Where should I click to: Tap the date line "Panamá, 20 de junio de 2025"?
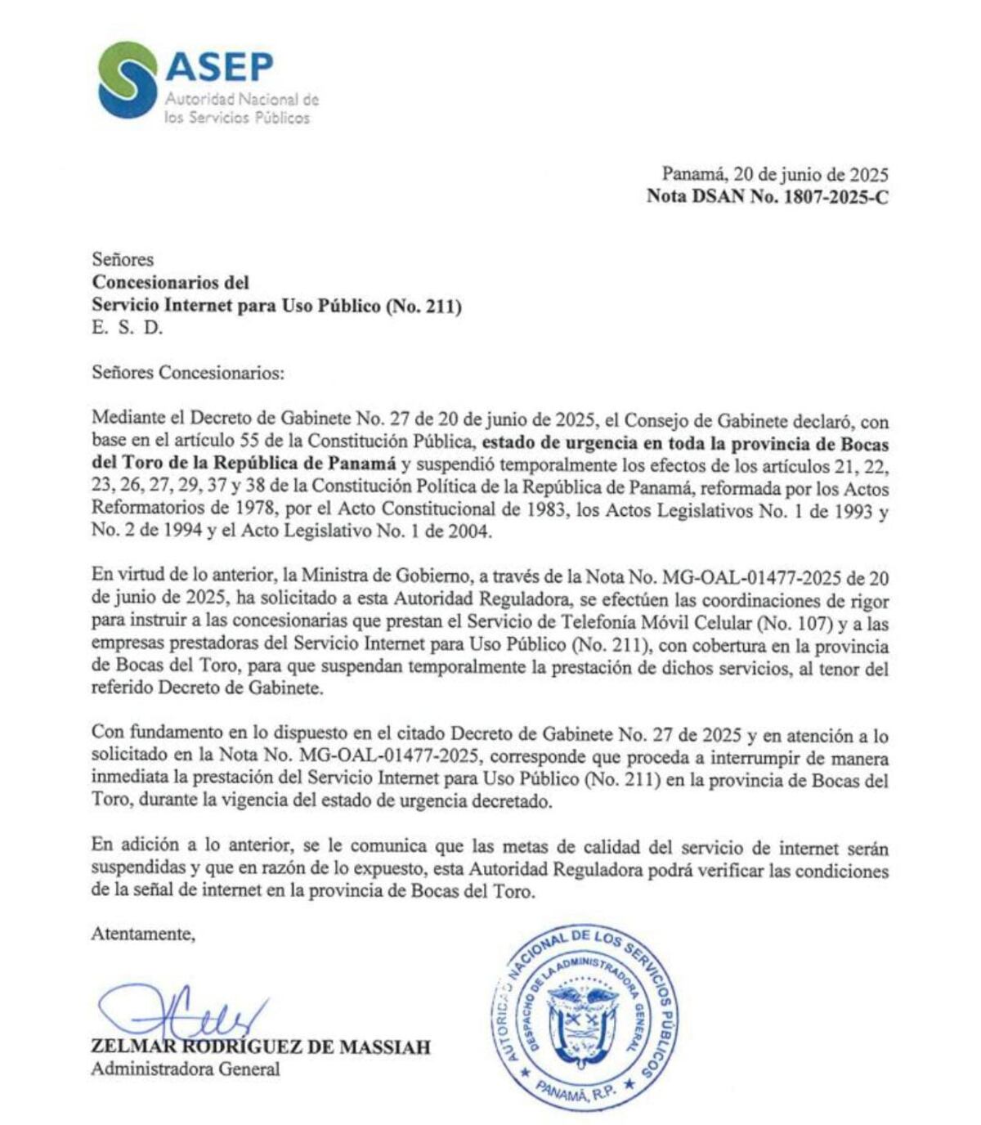774,174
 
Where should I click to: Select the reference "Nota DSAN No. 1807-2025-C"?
767,196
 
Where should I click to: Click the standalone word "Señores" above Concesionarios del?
123,260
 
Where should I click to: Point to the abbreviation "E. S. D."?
128,328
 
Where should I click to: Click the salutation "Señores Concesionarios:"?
187,373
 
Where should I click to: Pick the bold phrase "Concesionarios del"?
170,283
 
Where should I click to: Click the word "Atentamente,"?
143,934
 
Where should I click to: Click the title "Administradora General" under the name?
186,1069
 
